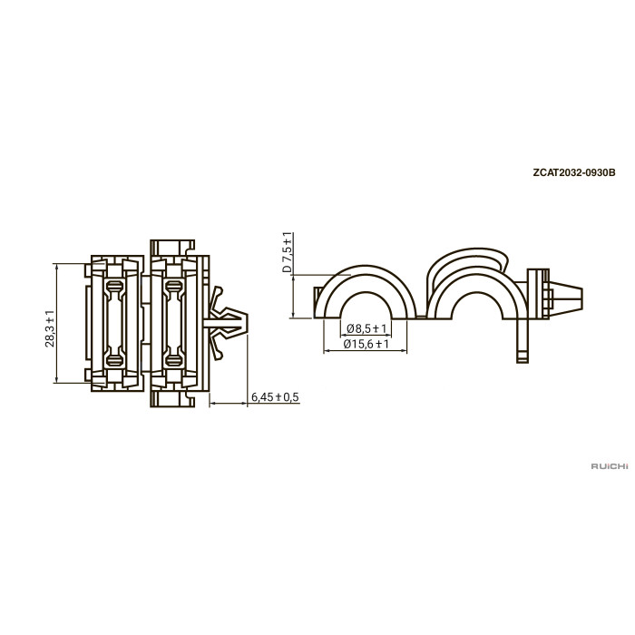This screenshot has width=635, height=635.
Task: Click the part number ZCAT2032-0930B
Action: [574, 172]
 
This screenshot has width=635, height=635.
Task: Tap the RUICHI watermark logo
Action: [610, 466]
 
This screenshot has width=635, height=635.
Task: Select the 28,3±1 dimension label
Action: [49, 328]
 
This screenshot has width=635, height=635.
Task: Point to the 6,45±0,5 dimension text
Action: [275, 397]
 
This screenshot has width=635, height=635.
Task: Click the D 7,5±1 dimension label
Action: [287, 252]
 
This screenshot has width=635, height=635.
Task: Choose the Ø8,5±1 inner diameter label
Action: [366, 328]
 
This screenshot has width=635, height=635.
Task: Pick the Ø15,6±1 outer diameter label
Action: [366, 344]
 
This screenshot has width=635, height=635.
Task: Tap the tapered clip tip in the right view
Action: [566, 298]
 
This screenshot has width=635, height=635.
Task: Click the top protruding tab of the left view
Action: [172, 248]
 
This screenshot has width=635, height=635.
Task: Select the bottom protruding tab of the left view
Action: [172, 399]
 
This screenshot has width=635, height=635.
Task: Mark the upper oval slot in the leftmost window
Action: [114, 285]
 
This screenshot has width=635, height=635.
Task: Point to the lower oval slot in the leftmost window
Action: [114, 359]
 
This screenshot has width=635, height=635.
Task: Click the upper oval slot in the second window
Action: [174, 285]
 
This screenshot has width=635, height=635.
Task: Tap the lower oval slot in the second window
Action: [174, 359]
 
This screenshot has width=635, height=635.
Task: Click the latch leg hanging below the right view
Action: [523, 340]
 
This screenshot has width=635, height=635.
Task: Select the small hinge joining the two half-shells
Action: [422, 317]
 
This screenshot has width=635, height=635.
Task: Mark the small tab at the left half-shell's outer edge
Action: [317, 302]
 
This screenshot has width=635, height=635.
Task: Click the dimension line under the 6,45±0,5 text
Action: [229, 404]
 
